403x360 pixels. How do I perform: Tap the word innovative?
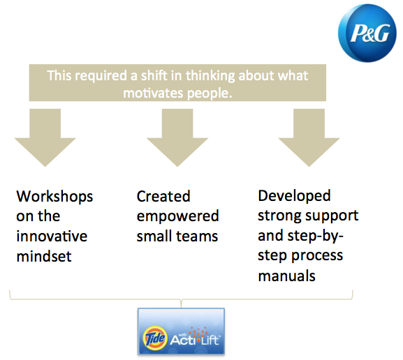click(52, 237)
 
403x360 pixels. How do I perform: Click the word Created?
click(163, 196)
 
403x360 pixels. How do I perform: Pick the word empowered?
click(177, 216)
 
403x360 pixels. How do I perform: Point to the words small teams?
click(177, 237)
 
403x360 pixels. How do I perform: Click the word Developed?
click(294, 195)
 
